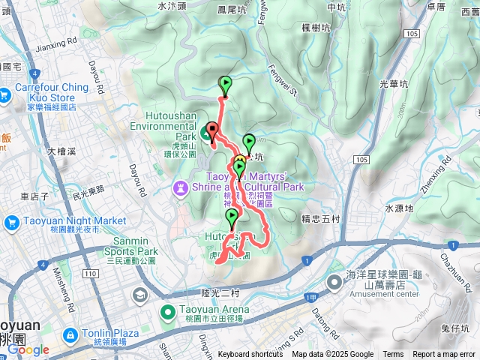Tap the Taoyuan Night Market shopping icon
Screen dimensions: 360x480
[x=11, y=222]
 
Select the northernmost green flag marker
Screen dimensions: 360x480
[x=225, y=84]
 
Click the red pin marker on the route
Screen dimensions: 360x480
[x=211, y=130]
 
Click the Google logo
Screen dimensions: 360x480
[x=28, y=349]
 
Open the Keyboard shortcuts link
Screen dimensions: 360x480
[x=250, y=355]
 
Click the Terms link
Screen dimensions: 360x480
[x=393, y=355]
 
